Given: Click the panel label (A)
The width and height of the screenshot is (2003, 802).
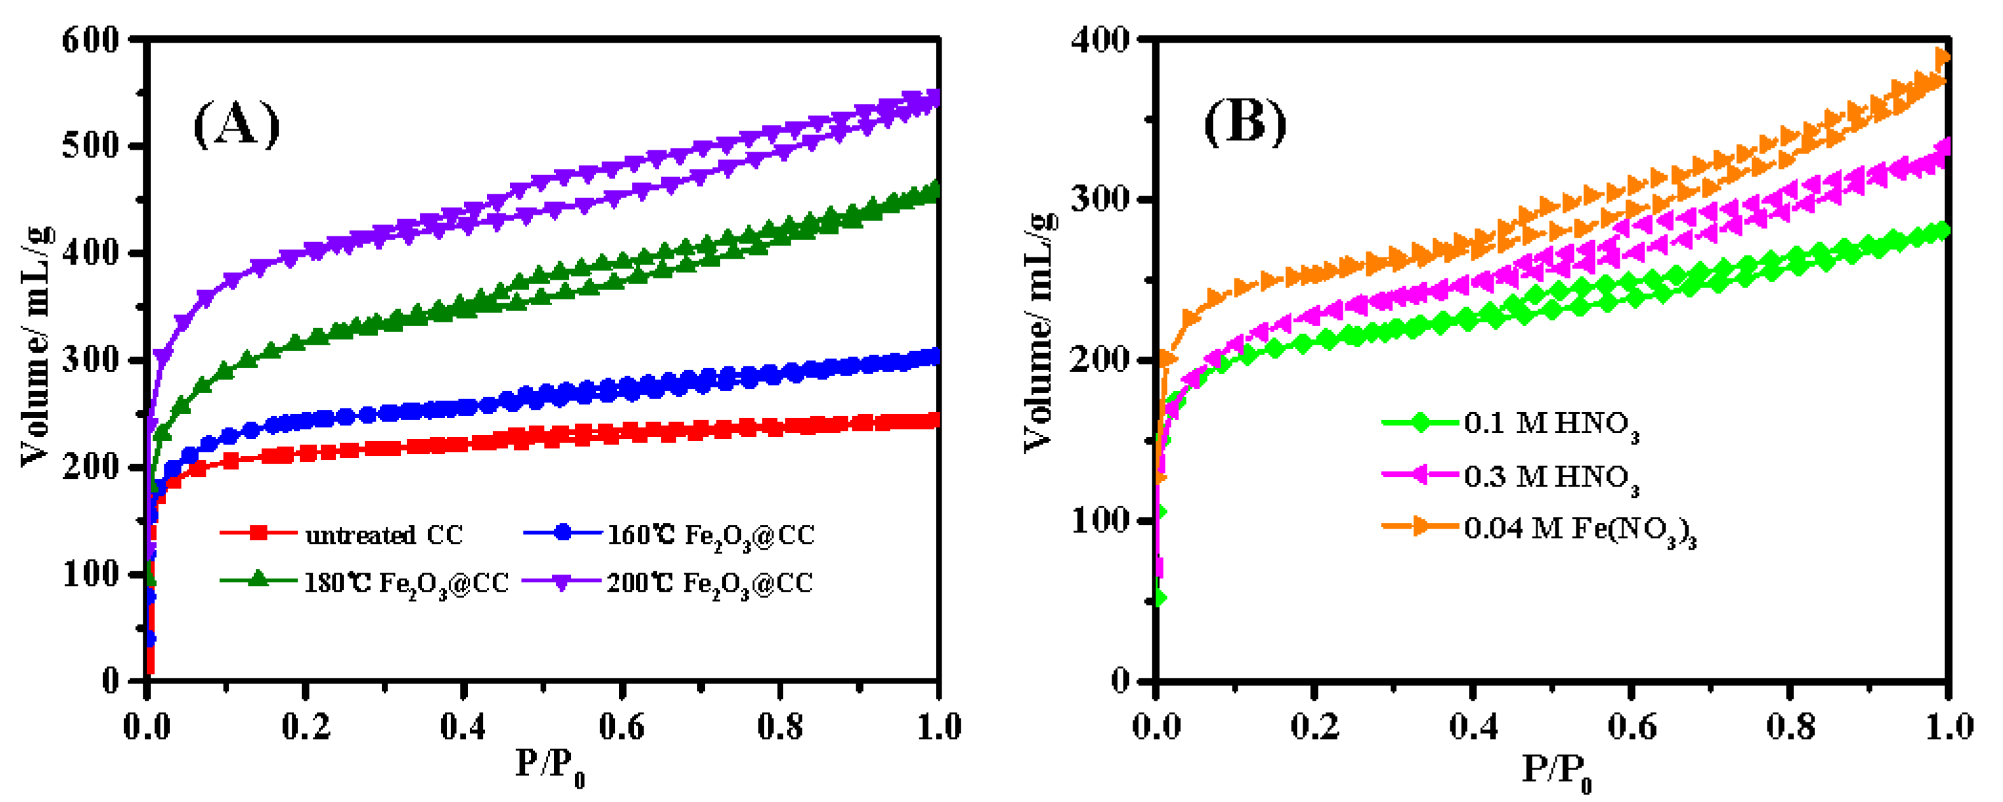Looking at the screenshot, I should point(236,124).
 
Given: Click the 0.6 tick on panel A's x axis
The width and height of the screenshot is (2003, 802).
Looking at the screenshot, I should point(622,727).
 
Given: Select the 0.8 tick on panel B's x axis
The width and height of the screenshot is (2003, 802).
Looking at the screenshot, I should point(1790,727).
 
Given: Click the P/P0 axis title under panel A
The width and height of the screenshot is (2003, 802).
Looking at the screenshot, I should point(549,766).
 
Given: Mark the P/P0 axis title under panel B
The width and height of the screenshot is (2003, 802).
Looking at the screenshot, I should point(1556,770).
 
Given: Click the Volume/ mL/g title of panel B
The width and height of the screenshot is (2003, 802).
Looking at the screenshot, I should point(1040,331).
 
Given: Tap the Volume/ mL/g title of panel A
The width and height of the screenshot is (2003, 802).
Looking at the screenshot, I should point(36,346).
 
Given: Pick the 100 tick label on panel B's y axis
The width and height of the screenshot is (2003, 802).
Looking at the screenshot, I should point(1100,520).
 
